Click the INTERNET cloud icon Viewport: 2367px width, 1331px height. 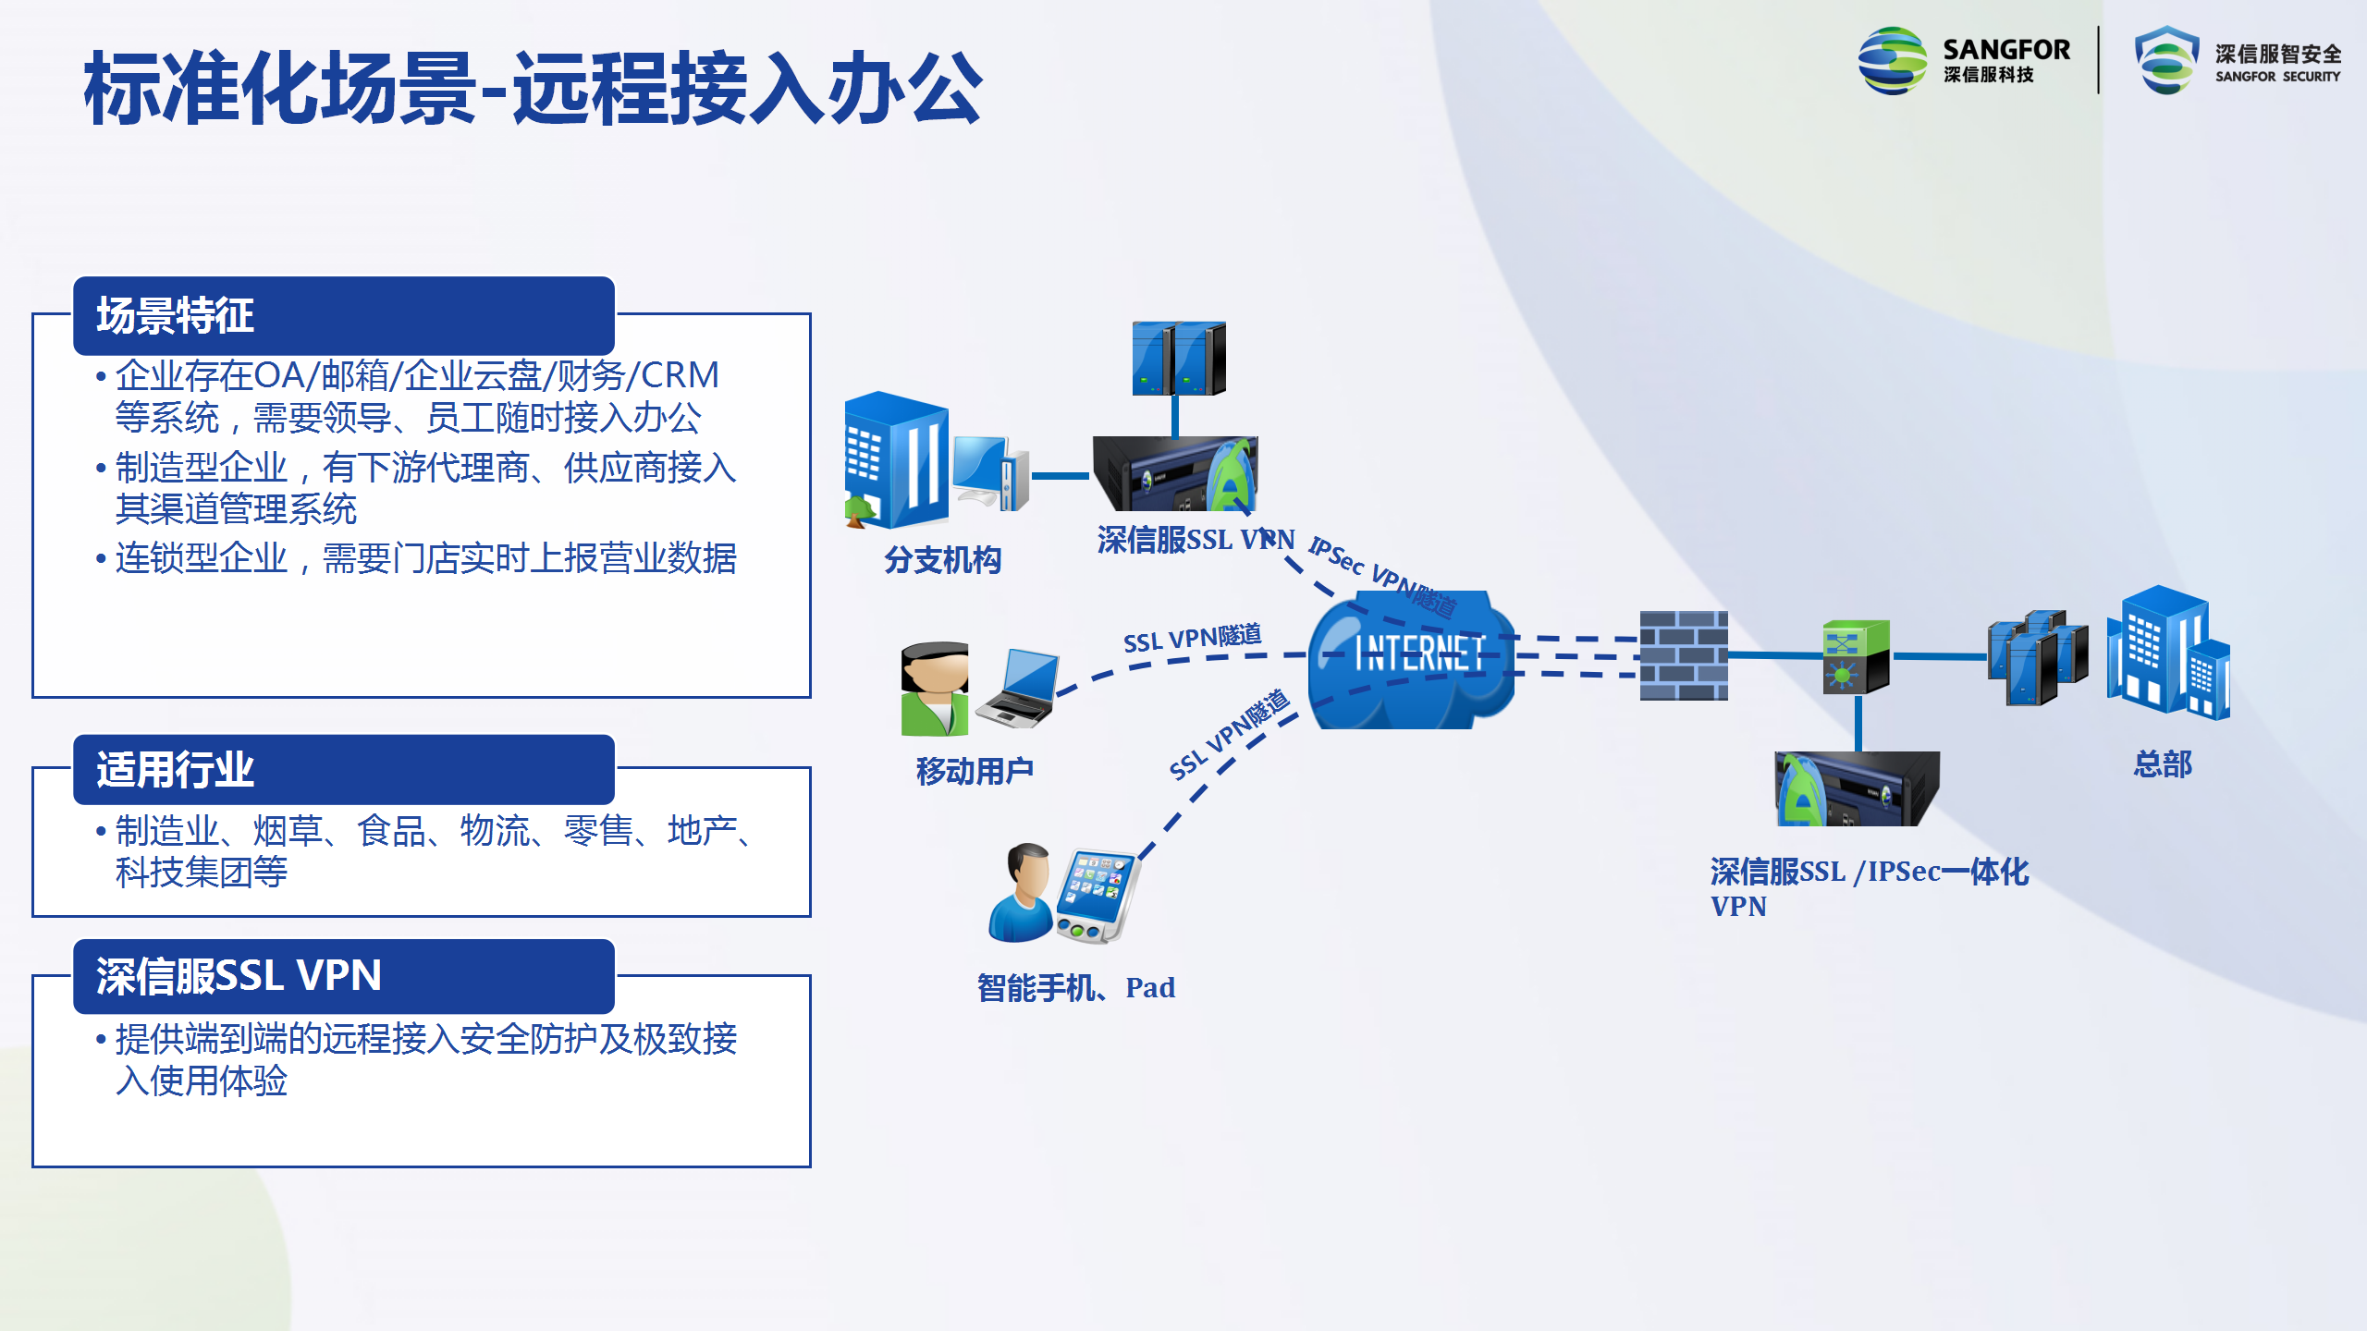(x=1411, y=659)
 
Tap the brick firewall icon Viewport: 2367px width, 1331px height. (x=1684, y=655)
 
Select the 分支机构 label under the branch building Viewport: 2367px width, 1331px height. (x=942, y=560)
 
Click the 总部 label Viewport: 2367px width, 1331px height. (x=2163, y=764)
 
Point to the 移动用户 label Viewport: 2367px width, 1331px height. (x=975, y=771)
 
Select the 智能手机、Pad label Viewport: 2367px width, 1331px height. (x=1076, y=988)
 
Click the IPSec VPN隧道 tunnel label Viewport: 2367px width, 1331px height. (x=1383, y=577)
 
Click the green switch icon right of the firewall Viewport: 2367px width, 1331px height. (x=1856, y=657)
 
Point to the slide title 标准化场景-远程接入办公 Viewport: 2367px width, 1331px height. (x=533, y=89)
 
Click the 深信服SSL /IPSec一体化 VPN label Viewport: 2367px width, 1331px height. (x=1869, y=888)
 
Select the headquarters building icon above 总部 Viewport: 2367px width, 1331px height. (x=2168, y=653)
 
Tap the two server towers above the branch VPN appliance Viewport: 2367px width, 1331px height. (x=1179, y=359)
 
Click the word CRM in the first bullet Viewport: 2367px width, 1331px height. (x=680, y=375)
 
